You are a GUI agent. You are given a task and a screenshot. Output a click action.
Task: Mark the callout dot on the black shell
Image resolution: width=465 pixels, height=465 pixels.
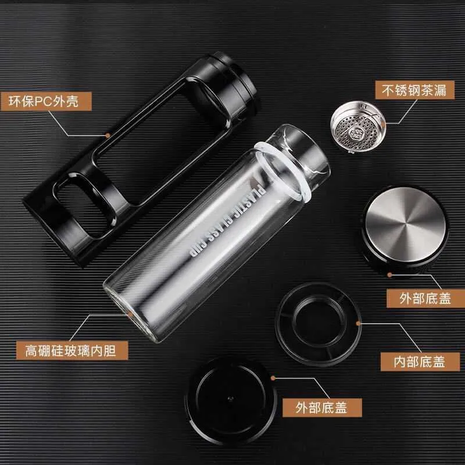[108, 135]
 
